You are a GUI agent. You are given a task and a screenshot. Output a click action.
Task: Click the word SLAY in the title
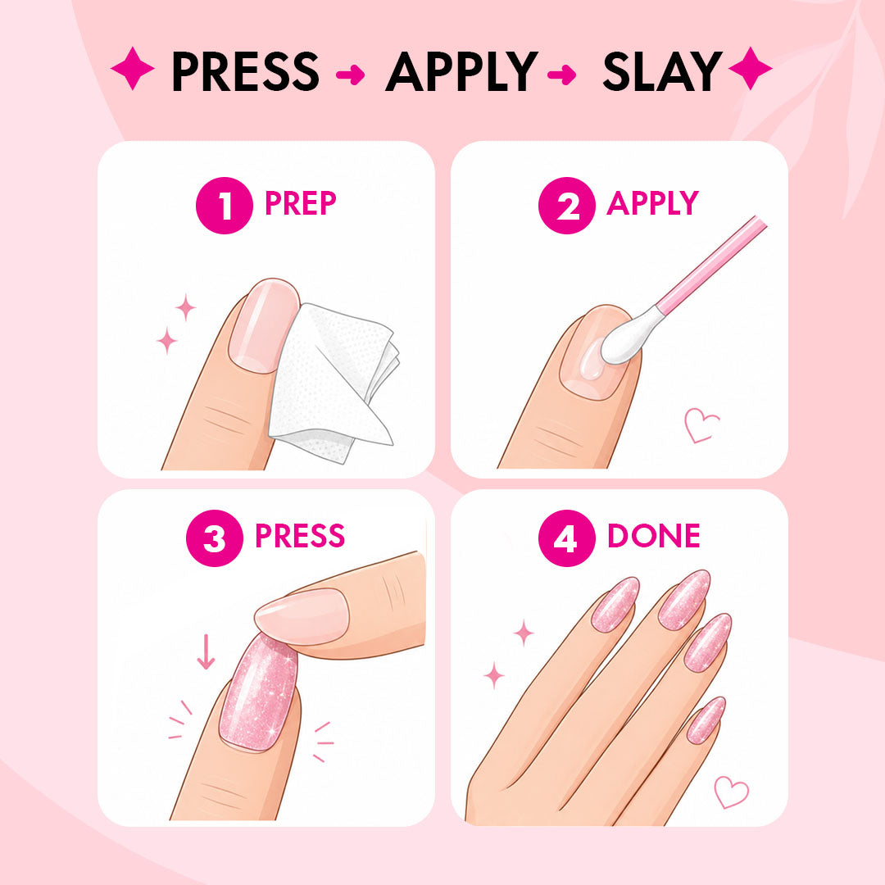[663, 70]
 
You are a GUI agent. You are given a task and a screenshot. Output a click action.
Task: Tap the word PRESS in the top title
[246, 70]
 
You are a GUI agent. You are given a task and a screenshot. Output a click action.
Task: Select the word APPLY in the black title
[461, 71]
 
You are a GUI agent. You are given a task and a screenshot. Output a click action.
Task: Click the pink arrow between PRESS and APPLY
[351, 74]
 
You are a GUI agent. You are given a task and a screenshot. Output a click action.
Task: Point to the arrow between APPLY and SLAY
[562, 74]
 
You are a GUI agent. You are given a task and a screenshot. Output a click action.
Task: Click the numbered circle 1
[224, 206]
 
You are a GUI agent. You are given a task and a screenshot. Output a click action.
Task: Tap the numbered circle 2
[567, 206]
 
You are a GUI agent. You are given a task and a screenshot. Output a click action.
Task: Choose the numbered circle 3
[215, 538]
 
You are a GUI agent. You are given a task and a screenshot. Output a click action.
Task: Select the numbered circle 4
[567, 538]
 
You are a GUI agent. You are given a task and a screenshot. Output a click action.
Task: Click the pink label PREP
[300, 203]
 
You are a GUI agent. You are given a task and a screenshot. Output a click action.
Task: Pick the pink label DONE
[654, 536]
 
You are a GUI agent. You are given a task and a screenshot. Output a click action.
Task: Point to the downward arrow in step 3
[206, 651]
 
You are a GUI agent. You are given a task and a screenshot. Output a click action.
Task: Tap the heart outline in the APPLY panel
[701, 425]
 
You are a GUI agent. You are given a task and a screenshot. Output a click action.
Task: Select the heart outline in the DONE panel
[731, 792]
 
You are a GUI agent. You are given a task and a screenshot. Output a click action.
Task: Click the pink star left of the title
[133, 68]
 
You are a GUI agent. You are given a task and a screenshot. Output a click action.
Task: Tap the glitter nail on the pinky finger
[706, 720]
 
